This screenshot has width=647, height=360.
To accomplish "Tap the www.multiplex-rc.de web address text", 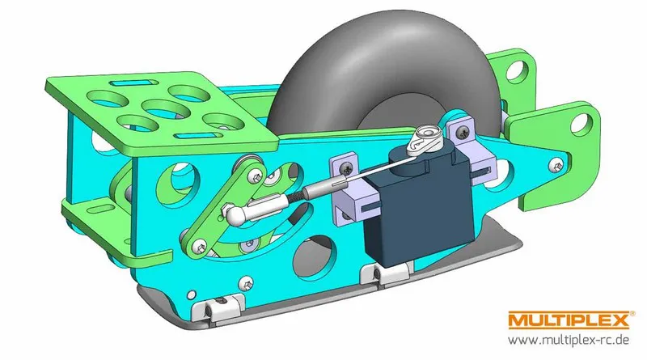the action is coord(569,341).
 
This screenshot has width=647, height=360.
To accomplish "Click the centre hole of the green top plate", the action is coord(163,108).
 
